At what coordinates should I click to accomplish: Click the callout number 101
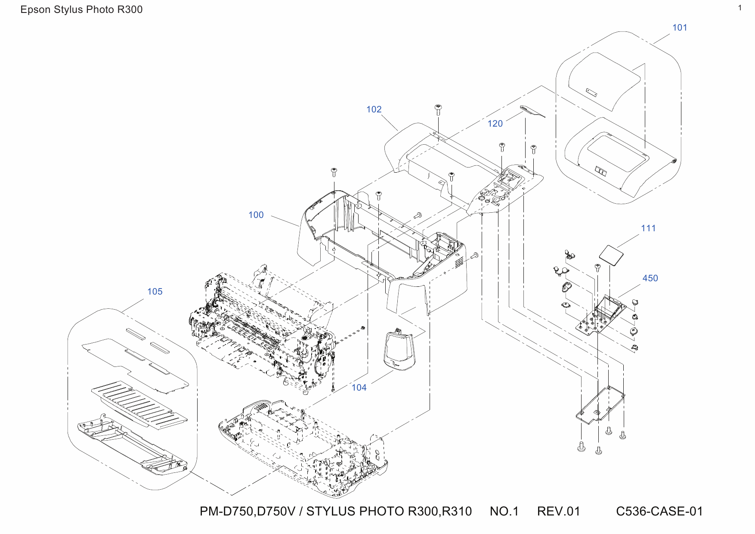pos(680,28)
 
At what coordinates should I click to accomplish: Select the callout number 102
pos(374,109)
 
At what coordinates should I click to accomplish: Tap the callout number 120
pos(495,124)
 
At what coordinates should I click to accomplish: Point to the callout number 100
pos(256,215)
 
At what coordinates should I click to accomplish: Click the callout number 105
pos(155,292)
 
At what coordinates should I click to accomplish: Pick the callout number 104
pos(359,388)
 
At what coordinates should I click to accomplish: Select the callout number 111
pos(648,228)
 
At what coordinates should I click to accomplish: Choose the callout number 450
pos(650,278)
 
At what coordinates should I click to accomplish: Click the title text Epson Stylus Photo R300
pos(81,9)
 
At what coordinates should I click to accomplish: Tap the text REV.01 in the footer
pos(558,511)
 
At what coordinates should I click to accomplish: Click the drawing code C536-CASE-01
pos(659,511)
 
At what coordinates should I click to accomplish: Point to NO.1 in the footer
pos(504,511)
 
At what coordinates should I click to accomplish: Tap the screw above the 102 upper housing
pos(438,109)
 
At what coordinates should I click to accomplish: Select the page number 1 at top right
pos(740,8)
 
